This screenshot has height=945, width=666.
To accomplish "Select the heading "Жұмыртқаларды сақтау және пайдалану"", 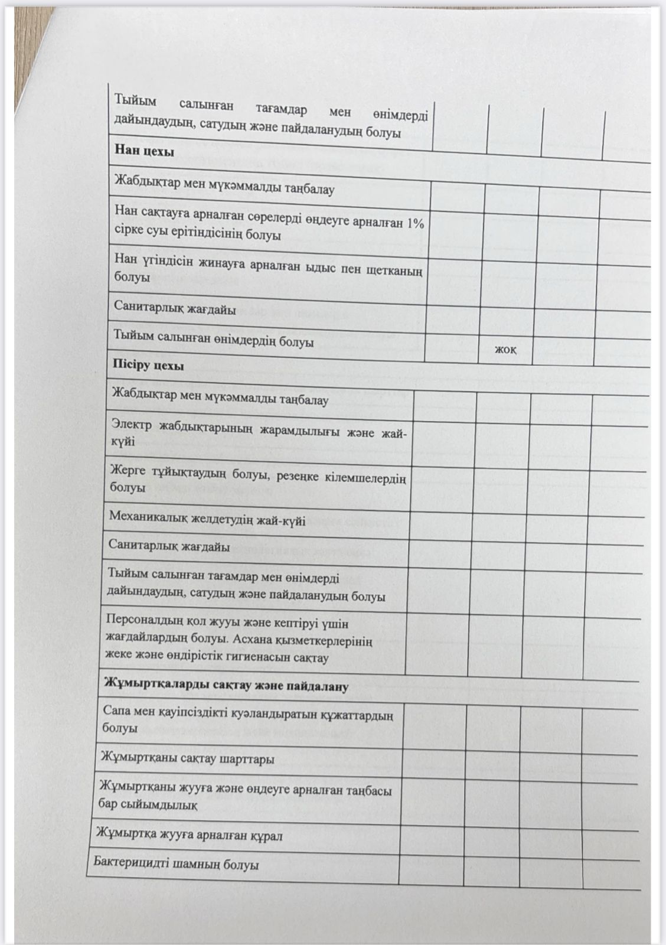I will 226,685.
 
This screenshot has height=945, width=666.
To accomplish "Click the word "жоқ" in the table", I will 505,350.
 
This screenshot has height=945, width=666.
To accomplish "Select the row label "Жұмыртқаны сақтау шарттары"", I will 188,758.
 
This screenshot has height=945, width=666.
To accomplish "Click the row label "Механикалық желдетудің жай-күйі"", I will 207,518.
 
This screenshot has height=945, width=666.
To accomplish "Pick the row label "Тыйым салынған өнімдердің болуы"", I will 213,338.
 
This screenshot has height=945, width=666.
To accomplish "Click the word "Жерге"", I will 128,471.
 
